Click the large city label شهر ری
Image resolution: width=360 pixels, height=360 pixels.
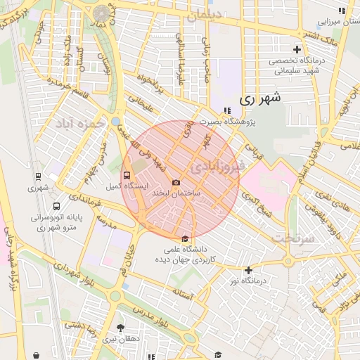click(x=259, y=98)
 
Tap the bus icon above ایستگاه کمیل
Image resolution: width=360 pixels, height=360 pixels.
click(x=127, y=175)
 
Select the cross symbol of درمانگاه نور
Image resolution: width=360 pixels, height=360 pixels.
click(x=248, y=270)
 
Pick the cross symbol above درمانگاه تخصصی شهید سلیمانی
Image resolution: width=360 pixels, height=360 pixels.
click(x=297, y=50)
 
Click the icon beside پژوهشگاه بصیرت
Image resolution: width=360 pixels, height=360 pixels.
click(x=226, y=110)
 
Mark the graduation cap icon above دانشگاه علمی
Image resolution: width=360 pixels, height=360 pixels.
click(x=185, y=238)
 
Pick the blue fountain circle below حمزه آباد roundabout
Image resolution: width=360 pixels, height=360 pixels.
click(x=115, y=121)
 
